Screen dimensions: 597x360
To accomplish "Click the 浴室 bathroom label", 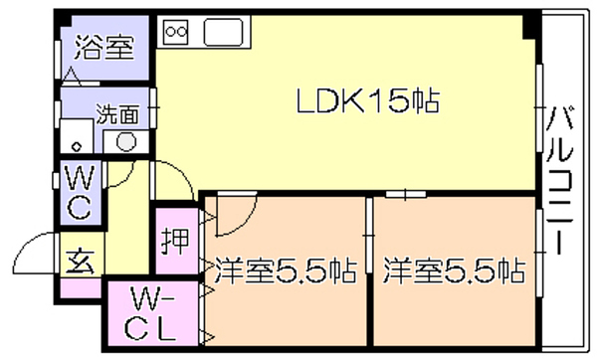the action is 104,48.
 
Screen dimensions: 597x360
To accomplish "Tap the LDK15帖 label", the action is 368,100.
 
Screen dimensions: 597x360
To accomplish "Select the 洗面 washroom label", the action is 117,114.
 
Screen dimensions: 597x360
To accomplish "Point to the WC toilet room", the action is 81,192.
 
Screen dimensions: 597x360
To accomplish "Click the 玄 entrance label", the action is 80,262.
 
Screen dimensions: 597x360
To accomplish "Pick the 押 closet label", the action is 175,241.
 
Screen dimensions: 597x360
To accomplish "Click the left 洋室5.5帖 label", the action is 286,270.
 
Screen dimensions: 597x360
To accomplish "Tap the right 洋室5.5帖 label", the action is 455,270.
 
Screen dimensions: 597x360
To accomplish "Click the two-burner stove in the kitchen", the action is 176,32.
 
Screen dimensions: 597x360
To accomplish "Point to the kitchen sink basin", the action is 224,32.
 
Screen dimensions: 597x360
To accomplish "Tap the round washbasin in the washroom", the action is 125,142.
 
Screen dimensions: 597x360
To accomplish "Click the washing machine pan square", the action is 77,136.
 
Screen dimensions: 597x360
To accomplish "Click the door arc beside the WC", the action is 125,179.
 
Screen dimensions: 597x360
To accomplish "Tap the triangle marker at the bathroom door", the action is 72,76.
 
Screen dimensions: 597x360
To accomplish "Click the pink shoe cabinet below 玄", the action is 81,288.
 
